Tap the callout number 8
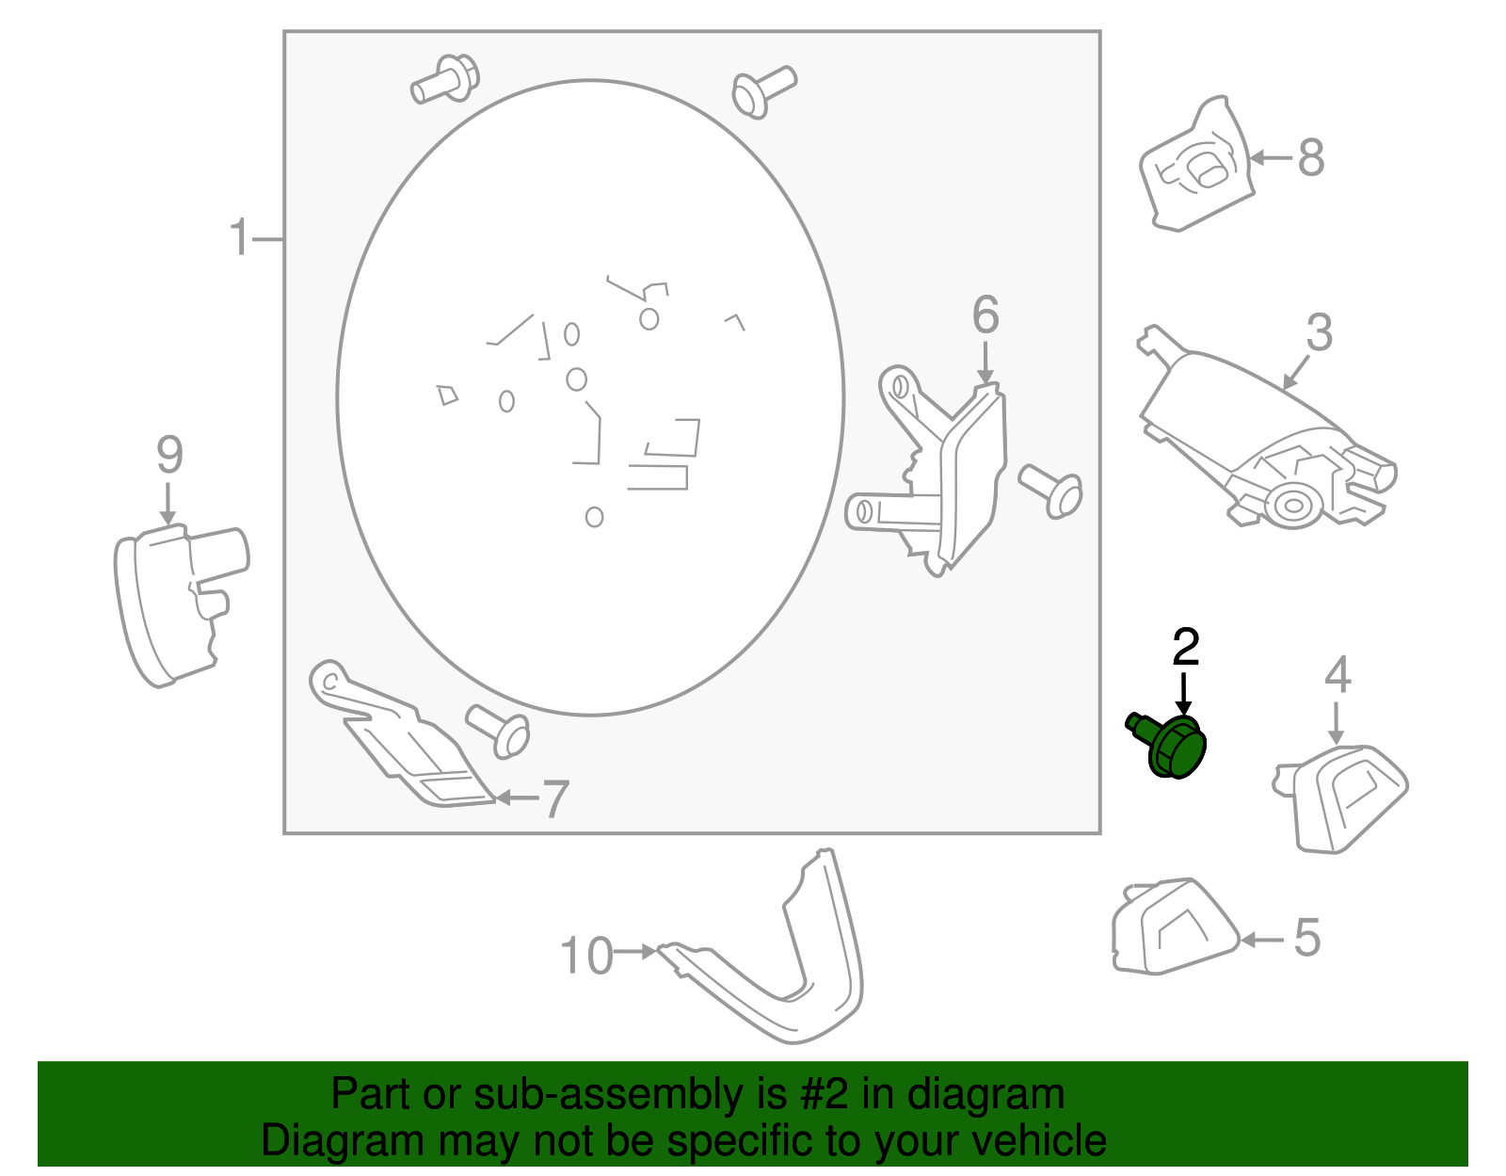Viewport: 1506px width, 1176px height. [1310, 158]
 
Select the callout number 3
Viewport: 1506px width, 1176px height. [1319, 332]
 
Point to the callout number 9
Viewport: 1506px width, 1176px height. [169, 455]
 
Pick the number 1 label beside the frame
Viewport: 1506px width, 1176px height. [239, 236]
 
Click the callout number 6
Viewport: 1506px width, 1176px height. [985, 314]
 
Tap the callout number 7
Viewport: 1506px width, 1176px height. [556, 799]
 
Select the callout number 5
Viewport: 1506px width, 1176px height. [1307, 939]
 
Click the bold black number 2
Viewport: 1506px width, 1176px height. [1186, 647]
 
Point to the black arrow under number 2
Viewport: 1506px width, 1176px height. [1184, 694]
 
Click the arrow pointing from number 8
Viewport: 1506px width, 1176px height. [1271, 158]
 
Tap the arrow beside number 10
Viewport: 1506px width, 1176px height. [634, 952]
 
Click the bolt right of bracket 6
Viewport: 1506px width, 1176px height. [1050, 491]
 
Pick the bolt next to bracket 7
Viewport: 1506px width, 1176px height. [498, 732]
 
